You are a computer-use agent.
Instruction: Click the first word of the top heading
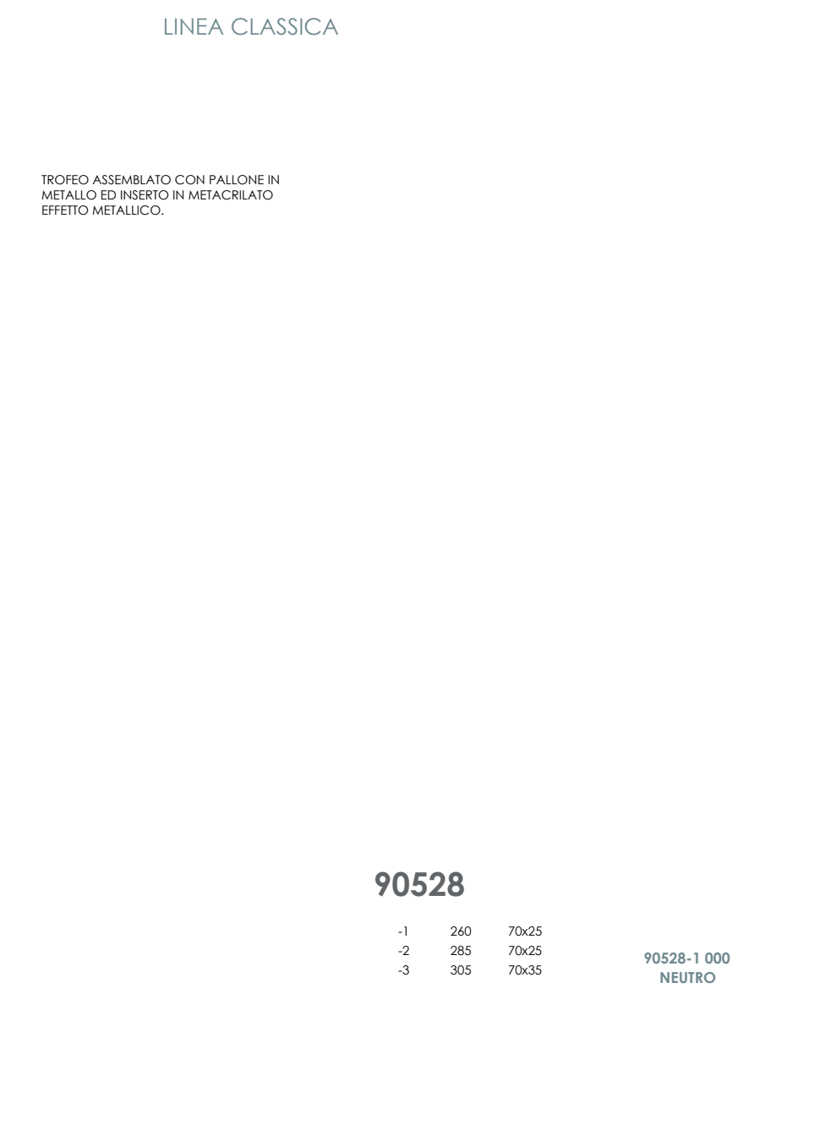194,26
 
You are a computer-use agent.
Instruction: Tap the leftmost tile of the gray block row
382,884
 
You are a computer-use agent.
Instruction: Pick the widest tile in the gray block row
410,884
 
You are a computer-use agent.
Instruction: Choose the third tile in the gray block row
437,883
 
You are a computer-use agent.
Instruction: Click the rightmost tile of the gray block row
456,884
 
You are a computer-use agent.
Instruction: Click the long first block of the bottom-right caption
665,958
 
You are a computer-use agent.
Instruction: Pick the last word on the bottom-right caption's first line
717,958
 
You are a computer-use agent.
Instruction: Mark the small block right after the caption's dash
696,958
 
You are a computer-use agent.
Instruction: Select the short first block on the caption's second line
664,977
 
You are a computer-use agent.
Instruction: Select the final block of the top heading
321,26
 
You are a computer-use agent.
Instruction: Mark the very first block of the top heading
168,26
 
